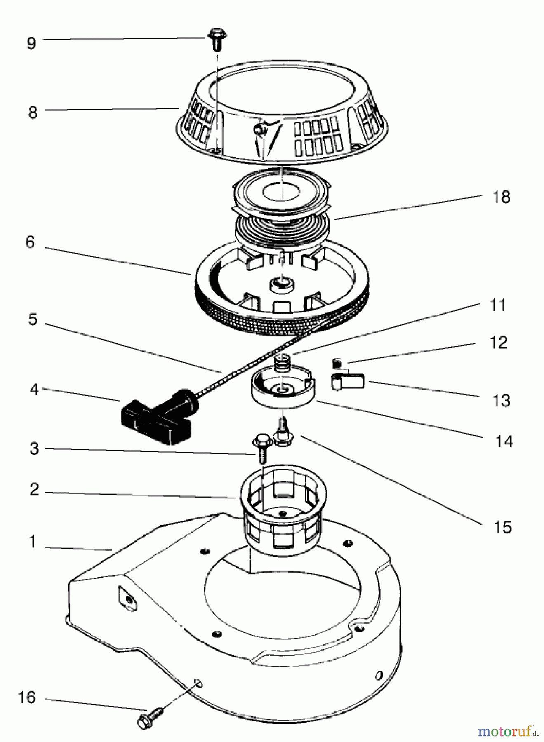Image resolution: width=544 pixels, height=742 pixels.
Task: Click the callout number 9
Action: tap(31, 43)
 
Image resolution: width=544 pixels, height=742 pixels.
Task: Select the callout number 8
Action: tap(33, 112)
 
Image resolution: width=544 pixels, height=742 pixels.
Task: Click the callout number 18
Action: tap(501, 197)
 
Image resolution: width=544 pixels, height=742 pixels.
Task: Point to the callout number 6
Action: tap(30, 242)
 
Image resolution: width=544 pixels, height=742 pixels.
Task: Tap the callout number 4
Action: tap(34, 390)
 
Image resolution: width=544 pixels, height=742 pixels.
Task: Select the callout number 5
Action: tap(33, 319)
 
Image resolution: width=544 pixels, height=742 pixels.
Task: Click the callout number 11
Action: tap(498, 305)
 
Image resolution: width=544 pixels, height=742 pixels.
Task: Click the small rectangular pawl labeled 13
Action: tap(348, 381)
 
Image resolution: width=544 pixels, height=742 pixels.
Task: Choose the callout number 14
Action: tap(504, 442)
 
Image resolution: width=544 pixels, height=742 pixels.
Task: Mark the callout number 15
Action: tap(502, 527)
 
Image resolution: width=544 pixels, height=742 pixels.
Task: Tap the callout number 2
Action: tap(34, 489)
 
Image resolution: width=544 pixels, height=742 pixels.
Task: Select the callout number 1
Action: tap(33, 542)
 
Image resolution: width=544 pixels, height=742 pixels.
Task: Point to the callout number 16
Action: tap(26, 698)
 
